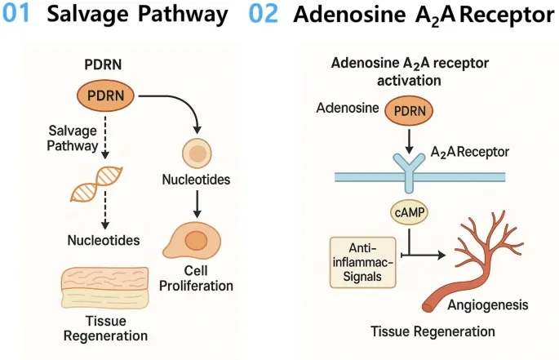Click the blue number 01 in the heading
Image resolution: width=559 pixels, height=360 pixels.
click(20, 16)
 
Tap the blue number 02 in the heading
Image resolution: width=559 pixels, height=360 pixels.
click(264, 16)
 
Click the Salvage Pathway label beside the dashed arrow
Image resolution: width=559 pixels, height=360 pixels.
click(73, 138)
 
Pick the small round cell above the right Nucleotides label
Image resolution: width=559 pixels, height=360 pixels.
click(195, 153)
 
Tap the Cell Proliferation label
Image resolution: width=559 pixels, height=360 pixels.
click(197, 278)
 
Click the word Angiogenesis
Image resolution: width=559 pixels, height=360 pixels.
click(487, 306)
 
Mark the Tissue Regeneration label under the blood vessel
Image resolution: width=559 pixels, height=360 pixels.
click(433, 331)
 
